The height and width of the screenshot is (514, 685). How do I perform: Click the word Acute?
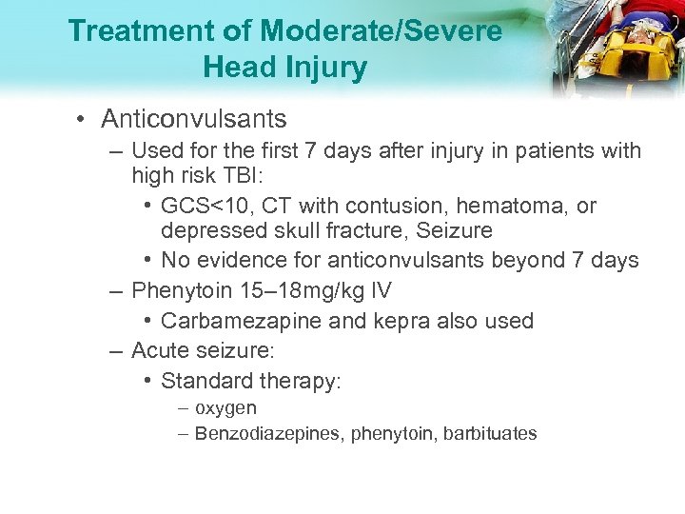158,351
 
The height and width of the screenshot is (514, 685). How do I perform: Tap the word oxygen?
225,408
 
